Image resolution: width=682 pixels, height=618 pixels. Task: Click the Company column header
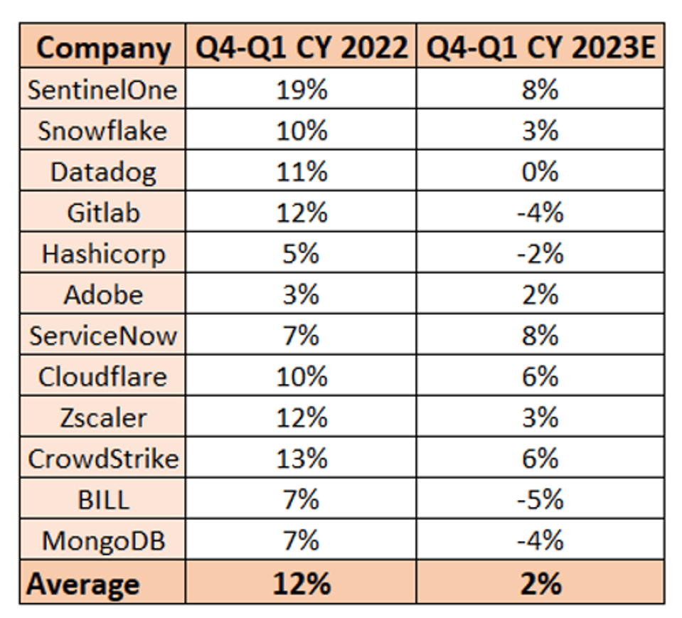[x=104, y=48]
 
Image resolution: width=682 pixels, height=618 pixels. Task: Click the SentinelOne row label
[x=102, y=90]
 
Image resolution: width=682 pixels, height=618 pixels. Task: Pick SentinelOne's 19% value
[x=302, y=90]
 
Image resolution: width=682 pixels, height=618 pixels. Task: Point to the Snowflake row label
[x=102, y=131]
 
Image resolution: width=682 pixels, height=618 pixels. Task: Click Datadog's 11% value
[x=302, y=172]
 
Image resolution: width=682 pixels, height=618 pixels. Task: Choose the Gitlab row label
[x=104, y=213]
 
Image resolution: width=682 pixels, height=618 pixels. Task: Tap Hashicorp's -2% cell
[x=540, y=254]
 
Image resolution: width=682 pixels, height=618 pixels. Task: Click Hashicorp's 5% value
[x=302, y=254]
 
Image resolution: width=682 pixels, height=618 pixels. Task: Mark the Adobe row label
[x=104, y=295]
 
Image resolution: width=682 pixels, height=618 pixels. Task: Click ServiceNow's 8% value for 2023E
[x=540, y=336]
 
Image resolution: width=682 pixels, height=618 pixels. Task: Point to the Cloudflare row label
[x=102, y=377]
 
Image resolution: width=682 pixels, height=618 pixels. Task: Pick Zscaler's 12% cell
[x=302, y=417]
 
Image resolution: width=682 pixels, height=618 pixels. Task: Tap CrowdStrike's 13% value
[x=302, y=459]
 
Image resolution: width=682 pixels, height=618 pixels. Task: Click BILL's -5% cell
[x=540, y=499]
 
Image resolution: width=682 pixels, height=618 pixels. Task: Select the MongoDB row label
[x=104, y=541]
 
